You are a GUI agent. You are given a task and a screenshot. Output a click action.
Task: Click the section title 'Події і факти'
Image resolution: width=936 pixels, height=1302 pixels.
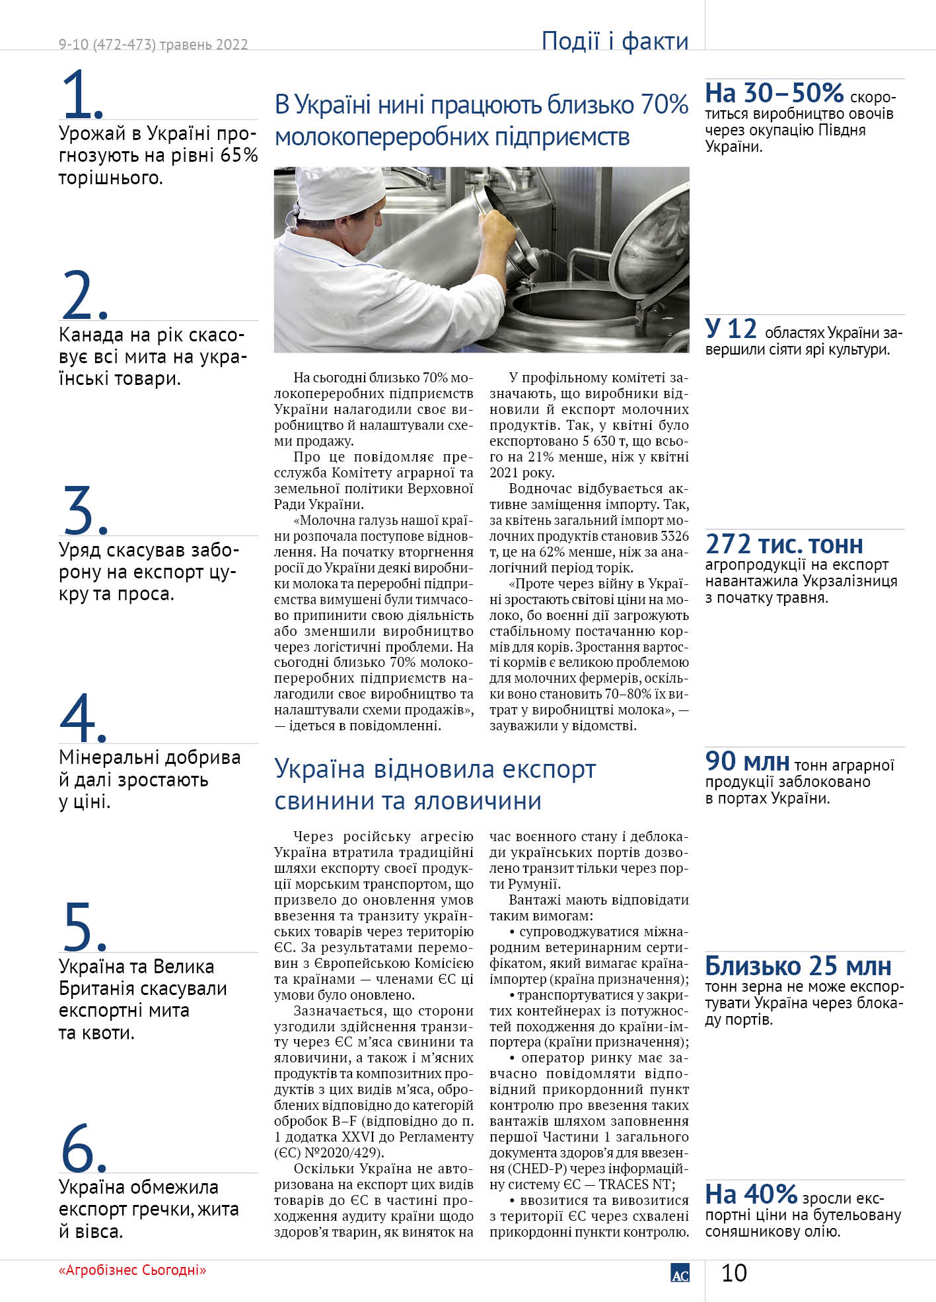(x=614, y=41)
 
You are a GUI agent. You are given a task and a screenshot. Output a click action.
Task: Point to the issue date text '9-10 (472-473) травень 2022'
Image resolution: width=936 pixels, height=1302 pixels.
(x=153, y=44)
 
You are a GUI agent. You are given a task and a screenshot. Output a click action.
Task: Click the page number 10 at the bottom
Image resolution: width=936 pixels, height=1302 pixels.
(x=734, y=1272)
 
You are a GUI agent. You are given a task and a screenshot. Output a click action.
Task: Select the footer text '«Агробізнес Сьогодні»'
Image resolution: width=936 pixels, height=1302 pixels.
(x=132, y=1270)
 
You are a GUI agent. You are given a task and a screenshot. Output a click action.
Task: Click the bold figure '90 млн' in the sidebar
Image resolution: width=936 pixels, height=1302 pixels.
(x=747, y=761)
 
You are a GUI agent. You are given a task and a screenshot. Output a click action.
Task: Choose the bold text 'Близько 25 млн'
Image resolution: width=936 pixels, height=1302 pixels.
(x=798, y=966)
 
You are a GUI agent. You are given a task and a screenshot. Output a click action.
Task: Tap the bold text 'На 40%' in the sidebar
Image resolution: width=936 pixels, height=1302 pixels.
(x=751, y=1194)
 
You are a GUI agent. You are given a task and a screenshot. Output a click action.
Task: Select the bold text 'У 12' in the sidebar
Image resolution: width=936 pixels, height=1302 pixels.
(x=731, y=329)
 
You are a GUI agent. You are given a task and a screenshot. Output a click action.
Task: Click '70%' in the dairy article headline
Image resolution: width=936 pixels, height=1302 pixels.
(x=664, y=105)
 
